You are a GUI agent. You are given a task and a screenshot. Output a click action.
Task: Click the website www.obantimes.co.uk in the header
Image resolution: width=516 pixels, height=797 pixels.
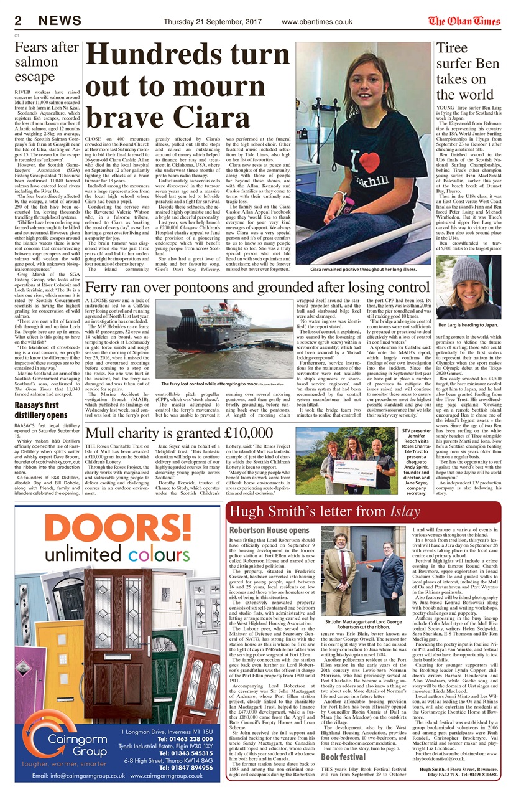(316, 22)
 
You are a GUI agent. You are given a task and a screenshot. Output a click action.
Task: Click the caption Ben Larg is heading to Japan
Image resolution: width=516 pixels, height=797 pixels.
(469, 324)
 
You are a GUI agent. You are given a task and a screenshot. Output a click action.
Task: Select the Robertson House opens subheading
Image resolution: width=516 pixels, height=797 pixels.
(269, 530)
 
